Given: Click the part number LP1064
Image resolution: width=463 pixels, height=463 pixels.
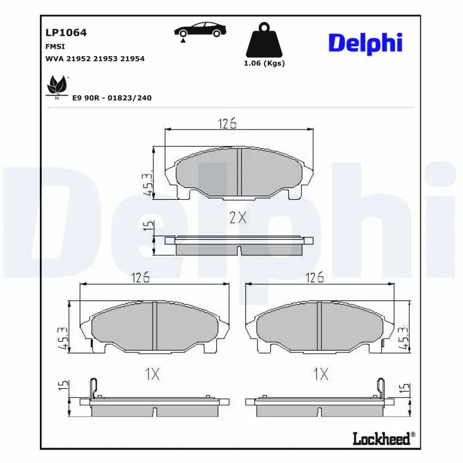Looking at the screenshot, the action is (x=66, y=32).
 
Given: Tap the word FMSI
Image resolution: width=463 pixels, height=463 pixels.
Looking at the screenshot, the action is (x=55, y=47).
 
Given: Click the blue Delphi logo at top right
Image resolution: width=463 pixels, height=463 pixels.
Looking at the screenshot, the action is (x=366, y=44).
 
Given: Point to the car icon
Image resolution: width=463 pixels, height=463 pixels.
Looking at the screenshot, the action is (x=200, y=30).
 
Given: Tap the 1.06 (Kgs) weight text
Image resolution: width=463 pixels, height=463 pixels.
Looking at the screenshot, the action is (x=264, y=63).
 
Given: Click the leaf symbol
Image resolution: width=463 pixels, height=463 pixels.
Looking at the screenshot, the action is (x=57, y=85).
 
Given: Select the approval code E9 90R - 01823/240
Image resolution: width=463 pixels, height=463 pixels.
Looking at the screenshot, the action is (x=112, y=98).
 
